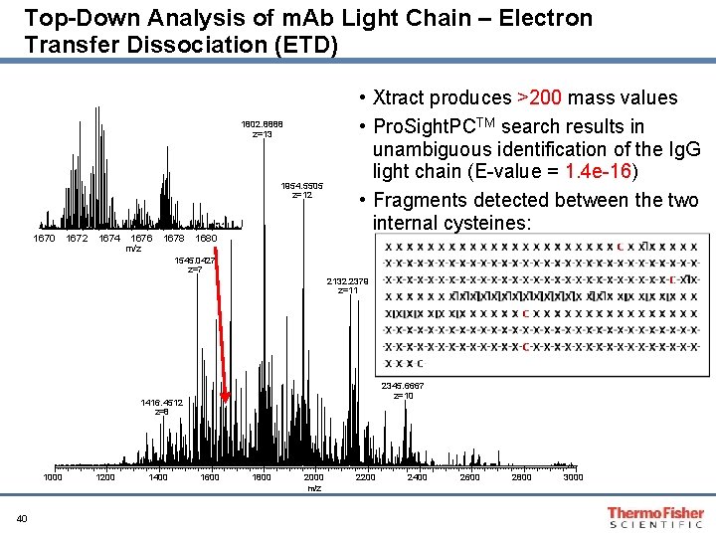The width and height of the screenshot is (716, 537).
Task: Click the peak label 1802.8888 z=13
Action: click(262, 129)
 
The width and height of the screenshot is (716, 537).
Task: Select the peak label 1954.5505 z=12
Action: click(302, 190)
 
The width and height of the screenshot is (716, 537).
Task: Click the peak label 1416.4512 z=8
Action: click(161, 407)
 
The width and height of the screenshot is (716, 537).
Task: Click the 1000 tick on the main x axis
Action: click(53, 478)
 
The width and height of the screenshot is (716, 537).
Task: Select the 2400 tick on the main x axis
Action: click(418, 478)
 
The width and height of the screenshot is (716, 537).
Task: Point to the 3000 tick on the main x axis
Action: click(574, 478)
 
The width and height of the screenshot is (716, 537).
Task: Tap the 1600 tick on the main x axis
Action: click(210, 478)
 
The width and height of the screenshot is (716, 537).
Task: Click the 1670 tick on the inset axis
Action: click(45, 239)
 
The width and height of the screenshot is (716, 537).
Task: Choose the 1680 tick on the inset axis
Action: click(206, 239)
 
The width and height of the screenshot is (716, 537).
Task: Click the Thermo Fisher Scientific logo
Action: click(654, 516)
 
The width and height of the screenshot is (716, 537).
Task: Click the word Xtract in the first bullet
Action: click(400, 98)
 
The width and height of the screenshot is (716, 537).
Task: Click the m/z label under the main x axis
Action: click(314, 488)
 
